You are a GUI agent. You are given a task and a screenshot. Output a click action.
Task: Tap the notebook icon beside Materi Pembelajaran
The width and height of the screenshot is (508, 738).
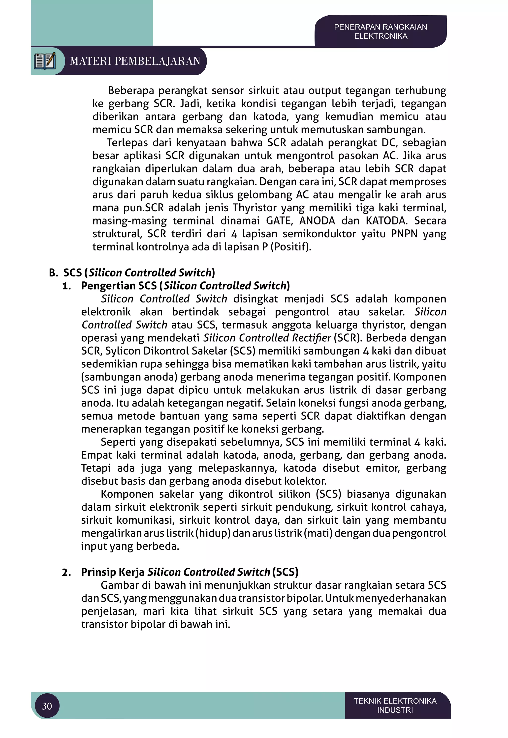[45, 61]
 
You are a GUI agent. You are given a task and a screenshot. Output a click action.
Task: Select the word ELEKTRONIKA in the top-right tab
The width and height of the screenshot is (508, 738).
[381, 36]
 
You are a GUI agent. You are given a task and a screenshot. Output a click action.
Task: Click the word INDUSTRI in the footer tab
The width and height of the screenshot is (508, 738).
[395, 710]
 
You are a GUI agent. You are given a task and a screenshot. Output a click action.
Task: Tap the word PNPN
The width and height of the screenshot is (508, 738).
[404, 234]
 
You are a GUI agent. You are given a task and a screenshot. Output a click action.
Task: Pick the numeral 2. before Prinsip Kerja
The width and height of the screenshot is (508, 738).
[66, 572]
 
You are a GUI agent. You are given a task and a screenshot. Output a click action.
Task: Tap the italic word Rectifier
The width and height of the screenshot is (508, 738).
[314, 337]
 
